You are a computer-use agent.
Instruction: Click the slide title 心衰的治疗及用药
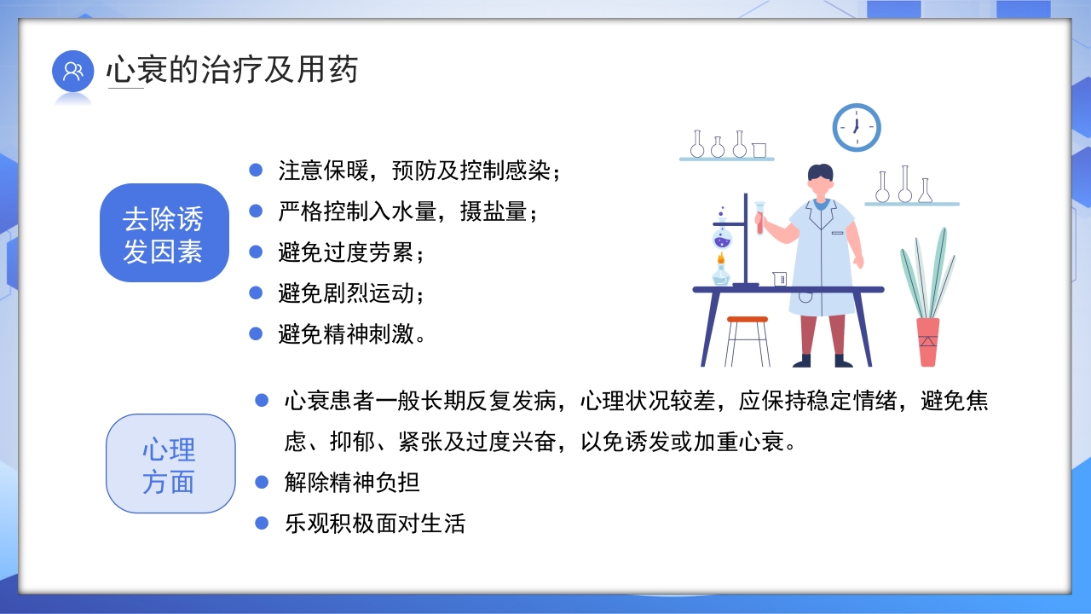(232, 70)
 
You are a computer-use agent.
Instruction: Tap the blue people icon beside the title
(72, 71)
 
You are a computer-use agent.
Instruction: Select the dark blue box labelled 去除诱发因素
(164, 233)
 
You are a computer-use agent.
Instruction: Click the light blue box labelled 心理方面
(170, 464)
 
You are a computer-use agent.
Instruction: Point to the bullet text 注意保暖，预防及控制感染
(419, 171)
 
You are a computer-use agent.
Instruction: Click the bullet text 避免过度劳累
(350, 252)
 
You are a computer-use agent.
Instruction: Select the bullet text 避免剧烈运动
(350, 293)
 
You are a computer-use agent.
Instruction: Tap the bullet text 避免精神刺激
(351, 334)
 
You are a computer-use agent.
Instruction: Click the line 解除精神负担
(352, 483)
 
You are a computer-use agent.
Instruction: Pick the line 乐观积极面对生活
(375, 523)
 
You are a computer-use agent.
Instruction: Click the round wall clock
(856, 128)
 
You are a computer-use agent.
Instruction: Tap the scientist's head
(820, 180)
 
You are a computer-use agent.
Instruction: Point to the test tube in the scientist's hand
(759, 216)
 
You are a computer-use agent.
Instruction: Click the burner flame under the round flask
(721, 259)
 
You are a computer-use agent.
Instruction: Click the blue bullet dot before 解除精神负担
(262, 483)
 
